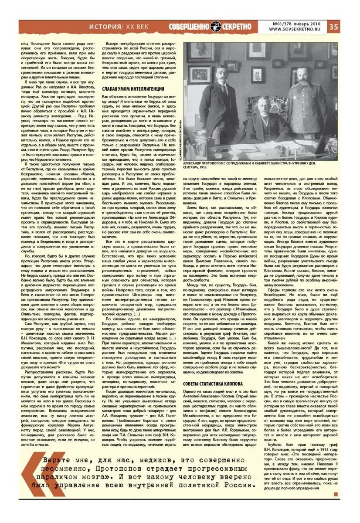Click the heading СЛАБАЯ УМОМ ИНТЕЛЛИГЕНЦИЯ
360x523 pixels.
127,89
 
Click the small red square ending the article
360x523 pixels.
336,494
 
